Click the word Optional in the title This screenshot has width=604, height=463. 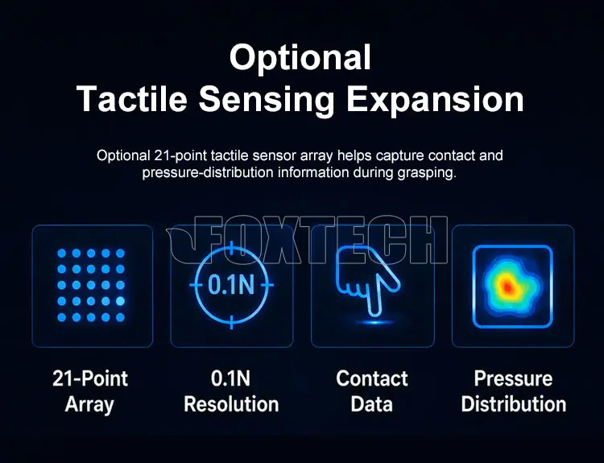pos(300,58)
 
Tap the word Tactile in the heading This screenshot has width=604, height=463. pos(132,98)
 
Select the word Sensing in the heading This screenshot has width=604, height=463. pos(267,101)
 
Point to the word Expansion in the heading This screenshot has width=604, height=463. pos(435,99)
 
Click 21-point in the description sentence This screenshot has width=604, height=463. pos(180,155)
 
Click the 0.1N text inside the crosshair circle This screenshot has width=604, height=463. pos(231,285)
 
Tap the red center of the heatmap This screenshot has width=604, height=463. pos(507,287)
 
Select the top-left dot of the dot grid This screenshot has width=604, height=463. pos(62,253)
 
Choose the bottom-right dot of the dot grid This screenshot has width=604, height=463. pos(120,317)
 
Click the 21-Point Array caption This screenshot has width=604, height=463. pos(90,391)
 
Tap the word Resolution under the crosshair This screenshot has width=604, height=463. pos(231,404)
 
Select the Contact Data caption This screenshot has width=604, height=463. pos(372,391)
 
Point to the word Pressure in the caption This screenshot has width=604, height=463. pos(513,378)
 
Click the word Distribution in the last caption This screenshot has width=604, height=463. pos(514,404)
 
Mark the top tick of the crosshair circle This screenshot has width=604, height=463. pos(231,249)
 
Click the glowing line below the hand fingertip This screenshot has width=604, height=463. pos(374,322)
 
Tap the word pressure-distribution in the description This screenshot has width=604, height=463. pos(208,173)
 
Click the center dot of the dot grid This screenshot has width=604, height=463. pos(91,285)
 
